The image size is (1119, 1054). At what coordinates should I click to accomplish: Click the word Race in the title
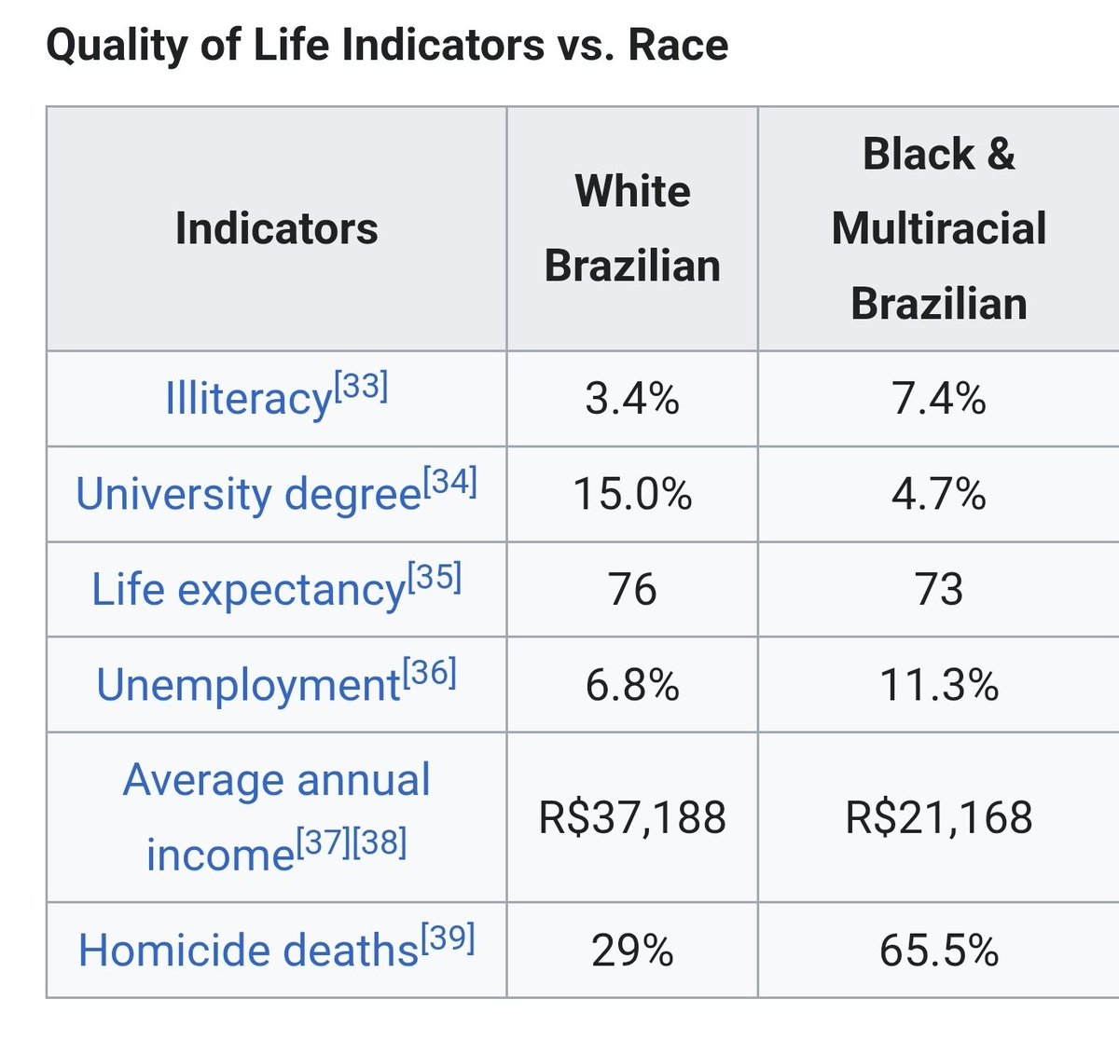tap(678, 45)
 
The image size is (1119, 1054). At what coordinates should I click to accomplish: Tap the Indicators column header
tap(277, 228)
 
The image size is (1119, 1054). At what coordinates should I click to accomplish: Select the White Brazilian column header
tap(632, 228)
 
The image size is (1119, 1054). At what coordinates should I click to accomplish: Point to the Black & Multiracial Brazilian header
tap(939, 228)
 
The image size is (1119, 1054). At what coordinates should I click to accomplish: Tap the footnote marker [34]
tap(450, 482)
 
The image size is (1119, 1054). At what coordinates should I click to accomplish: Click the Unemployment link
tap(248, 684)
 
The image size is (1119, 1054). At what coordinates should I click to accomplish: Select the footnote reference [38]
tap(380, 842)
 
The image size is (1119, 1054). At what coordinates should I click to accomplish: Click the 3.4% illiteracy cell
tap(632, 399)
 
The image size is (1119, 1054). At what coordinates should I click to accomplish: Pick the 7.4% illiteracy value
tap(939, 399)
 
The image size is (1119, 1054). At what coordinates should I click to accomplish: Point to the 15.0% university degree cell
tap(632, 494)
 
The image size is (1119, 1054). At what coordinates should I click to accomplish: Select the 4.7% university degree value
tap(939, 494)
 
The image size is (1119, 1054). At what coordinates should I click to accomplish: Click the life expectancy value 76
tap(632, 589)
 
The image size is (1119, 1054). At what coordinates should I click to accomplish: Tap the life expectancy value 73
tap(939, 589)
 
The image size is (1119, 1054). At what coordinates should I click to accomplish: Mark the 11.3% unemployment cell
tap(939, 685)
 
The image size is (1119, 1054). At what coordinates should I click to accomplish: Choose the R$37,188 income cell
tap(632, 817)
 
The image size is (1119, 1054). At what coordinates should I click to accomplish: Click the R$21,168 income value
tap(939, 817)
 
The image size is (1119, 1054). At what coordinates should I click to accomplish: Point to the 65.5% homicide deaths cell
tap(939, 951)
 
